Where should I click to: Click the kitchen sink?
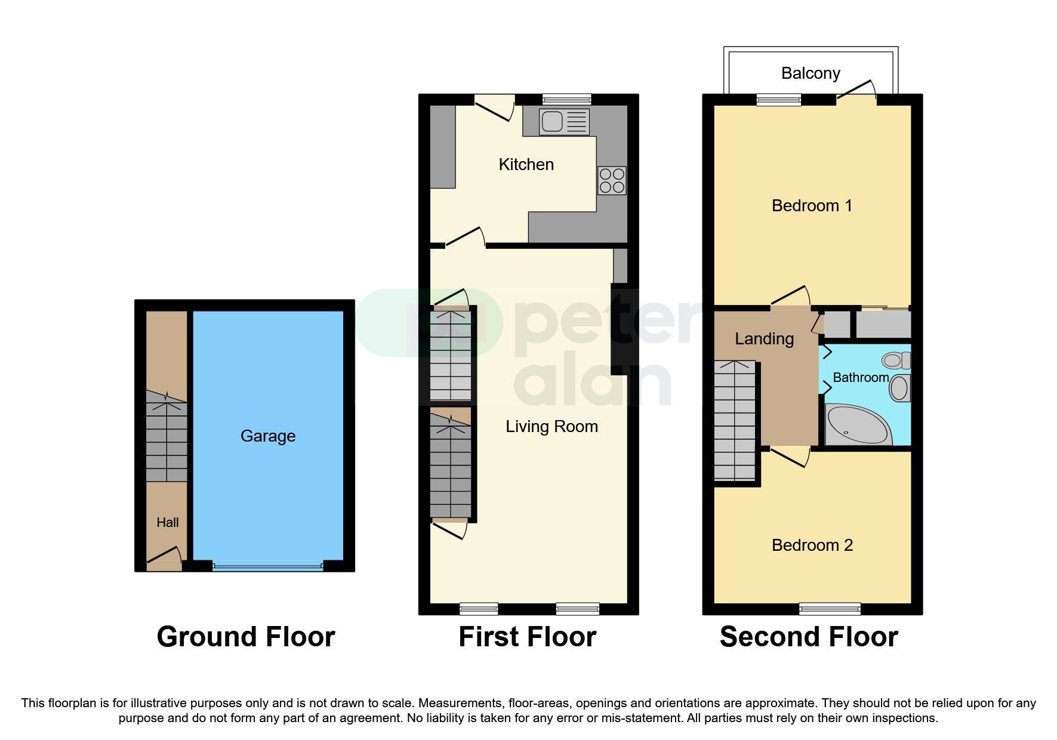[563, 122]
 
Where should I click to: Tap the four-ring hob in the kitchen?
[612, 181]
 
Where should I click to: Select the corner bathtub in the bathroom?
[858, 425]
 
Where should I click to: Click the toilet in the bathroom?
[896, 360]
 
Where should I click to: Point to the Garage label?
[267, 436]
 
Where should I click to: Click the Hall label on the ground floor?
[167, 523]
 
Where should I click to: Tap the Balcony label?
[811, 73]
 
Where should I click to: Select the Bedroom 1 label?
[811, 206]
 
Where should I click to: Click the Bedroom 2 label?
[812, 545]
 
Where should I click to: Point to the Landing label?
[764, 339]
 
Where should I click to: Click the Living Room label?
[551, 427]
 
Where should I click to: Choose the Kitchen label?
[526, 165]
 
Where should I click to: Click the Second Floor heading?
[809, 637]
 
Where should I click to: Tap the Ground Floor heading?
[245, 637]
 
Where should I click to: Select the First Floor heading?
[527, 637]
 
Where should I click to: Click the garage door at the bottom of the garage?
[267, 567]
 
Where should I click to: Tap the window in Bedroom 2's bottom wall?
[830, 609]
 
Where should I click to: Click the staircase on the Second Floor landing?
[735, 421]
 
